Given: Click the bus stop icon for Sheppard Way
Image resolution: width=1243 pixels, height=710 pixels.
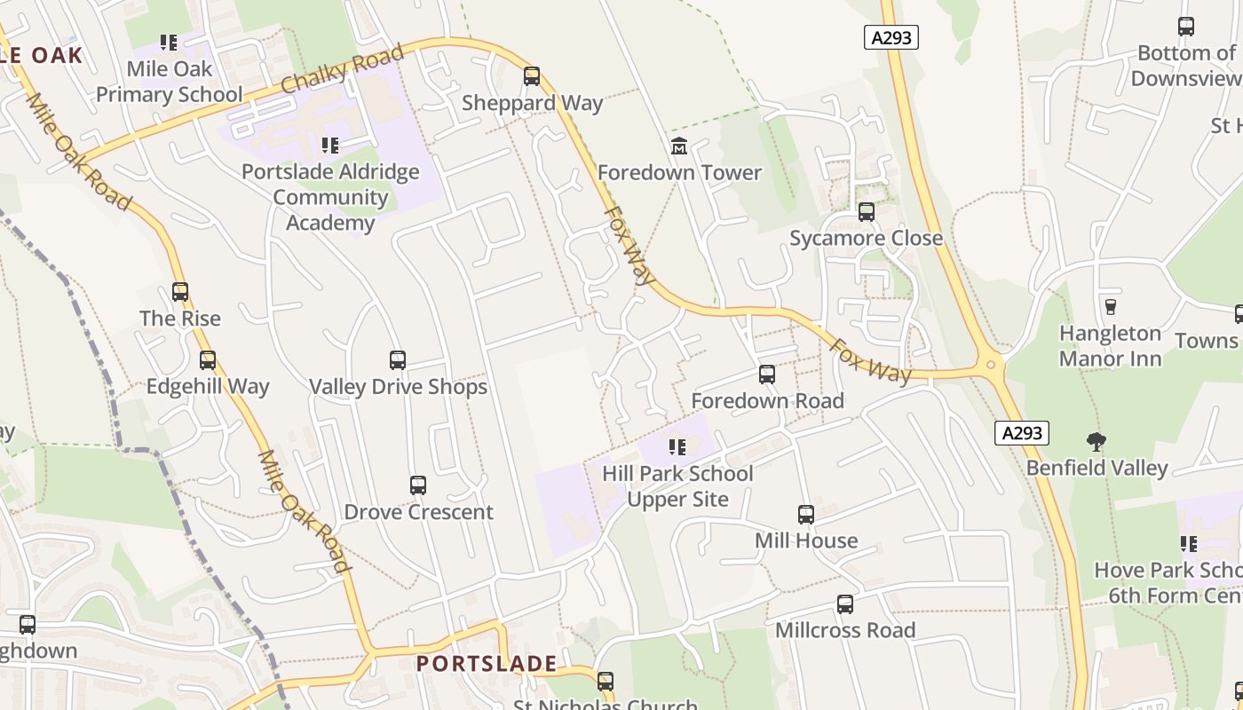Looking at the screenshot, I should coord(532,76).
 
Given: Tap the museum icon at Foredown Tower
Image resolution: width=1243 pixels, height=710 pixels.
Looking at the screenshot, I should coord(679,146).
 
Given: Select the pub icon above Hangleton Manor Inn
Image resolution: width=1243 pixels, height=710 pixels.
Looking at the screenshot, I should coord(1110,307).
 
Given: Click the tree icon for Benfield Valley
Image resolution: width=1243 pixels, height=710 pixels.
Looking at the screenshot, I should coord(1097,441).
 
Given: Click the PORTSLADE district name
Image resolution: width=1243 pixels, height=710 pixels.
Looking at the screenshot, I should coord(487,663).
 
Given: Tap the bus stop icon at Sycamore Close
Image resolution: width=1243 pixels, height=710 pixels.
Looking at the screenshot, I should coord(867,212).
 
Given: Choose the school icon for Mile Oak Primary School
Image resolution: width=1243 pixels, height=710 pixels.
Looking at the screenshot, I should coord(169,42).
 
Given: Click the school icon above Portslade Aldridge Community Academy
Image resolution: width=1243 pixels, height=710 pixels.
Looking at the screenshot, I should coord(330,145).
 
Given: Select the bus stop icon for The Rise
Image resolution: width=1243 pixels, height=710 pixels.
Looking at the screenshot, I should coord(180,292).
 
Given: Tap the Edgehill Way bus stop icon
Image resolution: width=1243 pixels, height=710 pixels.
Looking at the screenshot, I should coord(208,360).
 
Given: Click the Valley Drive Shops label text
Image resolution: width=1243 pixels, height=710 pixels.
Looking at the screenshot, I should coord(398,387).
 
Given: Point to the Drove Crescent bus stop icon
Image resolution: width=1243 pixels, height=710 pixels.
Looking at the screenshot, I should coord(418,485).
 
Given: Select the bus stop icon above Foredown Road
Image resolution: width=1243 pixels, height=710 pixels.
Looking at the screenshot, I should coord(767,375).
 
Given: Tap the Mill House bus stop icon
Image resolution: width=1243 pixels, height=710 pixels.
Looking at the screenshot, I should coord(806,514).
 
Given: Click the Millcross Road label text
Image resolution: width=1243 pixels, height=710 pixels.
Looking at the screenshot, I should coord(845,630).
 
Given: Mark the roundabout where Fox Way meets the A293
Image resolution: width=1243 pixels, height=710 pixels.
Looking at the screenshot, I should coord(991,364).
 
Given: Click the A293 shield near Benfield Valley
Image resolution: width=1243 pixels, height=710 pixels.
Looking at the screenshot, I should coord(1022,433).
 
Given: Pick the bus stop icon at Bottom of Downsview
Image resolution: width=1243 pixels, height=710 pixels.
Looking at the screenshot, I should coord(1186,27).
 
